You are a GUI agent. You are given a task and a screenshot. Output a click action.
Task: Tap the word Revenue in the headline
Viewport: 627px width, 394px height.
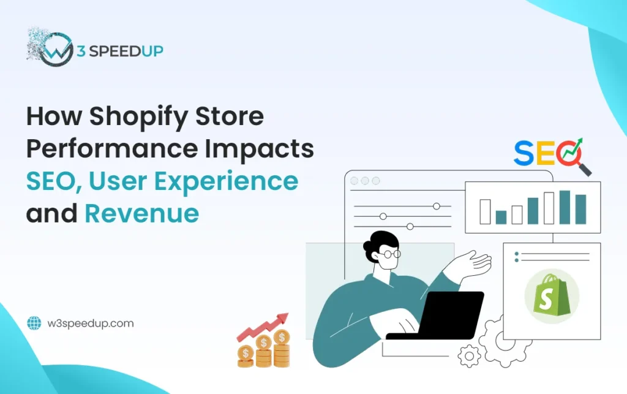(141, 213)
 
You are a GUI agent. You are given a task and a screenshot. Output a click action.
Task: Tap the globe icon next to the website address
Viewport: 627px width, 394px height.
(34, 323)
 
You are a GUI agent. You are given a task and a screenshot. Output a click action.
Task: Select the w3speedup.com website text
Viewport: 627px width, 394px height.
(89, 323)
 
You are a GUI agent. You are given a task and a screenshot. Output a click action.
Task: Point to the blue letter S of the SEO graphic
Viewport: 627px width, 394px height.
(524, 153)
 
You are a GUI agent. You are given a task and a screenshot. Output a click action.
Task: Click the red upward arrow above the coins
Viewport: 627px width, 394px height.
(263, 327)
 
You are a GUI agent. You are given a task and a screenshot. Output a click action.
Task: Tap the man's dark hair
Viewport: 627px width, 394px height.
(380, 241)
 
